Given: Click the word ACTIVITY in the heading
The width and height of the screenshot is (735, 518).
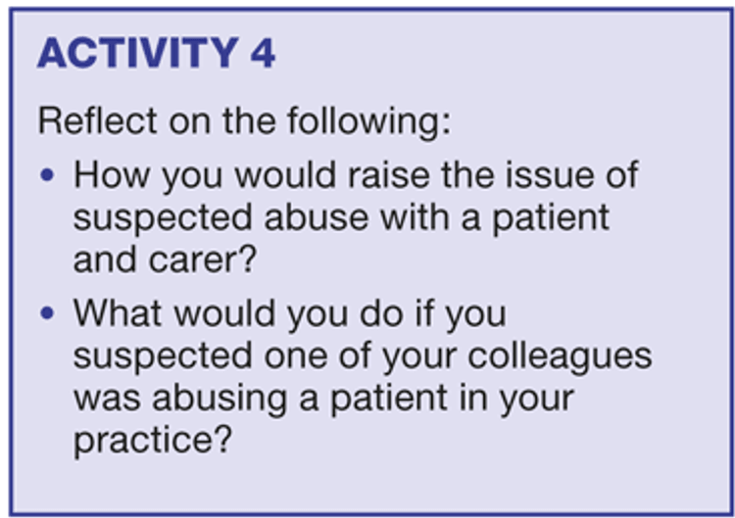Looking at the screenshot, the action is click(138, 53).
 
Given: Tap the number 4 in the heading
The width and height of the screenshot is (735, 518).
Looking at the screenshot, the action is click(263, 53).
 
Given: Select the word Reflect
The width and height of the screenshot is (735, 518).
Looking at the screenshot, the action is click(97, 120).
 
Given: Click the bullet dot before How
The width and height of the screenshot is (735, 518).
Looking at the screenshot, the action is click(47, 175).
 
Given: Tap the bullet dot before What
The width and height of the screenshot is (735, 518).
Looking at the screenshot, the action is click(47, 313).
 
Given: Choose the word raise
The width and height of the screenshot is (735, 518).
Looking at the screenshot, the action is click(389, 175).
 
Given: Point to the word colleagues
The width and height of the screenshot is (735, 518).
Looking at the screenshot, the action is click(560, 357).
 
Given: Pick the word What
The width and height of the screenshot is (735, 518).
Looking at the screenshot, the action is click(118, 313).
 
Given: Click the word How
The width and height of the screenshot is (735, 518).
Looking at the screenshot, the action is click(112, 175).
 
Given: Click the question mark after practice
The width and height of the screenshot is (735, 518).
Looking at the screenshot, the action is click(223, 439).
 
